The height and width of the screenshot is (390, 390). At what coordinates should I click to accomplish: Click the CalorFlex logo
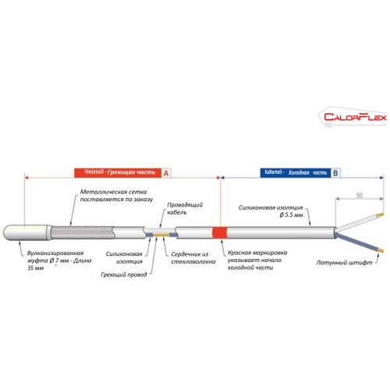point(353,117)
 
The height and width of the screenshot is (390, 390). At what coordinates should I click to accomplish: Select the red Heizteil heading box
point(118,172)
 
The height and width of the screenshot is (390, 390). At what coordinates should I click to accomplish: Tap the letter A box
point(166,173)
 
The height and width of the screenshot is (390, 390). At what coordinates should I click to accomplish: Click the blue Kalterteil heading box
point(296,172)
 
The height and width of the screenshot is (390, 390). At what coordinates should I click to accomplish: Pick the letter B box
point(335,173)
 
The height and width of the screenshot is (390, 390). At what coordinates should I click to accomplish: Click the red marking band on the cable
point(220,233)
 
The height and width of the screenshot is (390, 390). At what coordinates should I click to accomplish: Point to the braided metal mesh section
point(83,232)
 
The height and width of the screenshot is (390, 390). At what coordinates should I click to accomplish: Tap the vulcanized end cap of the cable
point(27,232)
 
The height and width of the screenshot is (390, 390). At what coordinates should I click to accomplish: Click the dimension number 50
point(360,195)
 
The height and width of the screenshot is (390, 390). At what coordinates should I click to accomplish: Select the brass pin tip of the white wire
point(380,215)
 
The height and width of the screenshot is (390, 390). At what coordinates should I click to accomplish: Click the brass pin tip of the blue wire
point(381,251)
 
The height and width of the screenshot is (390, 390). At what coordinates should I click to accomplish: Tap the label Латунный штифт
point(344,263)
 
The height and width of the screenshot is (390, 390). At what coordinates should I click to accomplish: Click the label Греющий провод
point(124,275)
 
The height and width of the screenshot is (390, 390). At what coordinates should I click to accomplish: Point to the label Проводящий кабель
point(185,208)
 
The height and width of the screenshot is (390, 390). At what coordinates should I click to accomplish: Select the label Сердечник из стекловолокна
point(193,258)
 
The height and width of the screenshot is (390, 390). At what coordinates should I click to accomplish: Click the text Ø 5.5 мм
point(291,215)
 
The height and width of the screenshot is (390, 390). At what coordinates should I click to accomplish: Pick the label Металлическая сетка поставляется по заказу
point(116,196)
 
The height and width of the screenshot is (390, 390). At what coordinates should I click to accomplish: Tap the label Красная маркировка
point(257,253)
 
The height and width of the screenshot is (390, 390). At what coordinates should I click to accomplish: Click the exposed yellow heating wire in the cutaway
point(161,235)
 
